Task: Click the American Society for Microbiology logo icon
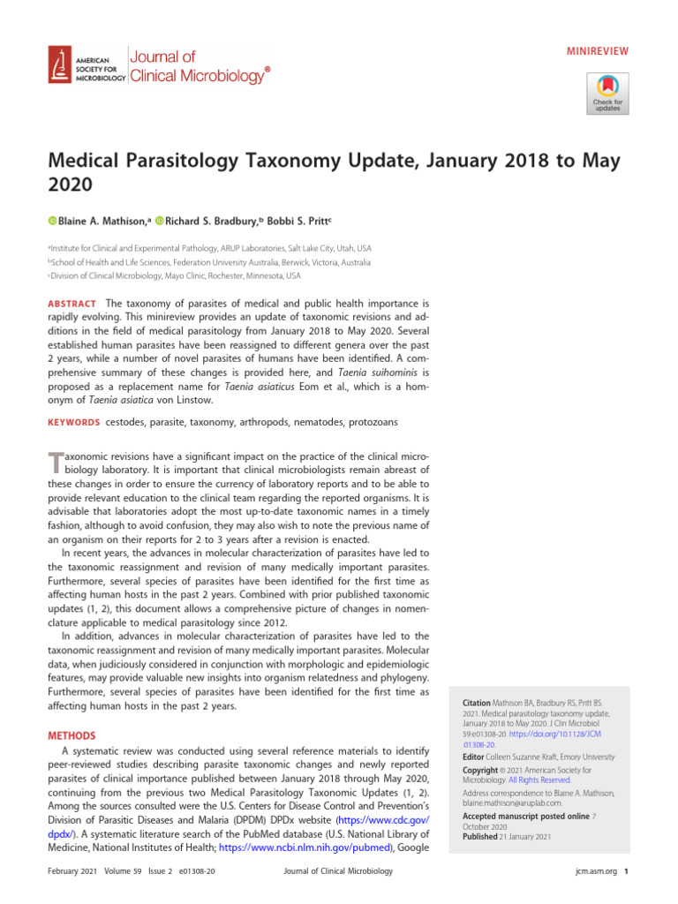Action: (x=60, y=65)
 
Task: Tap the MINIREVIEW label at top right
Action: (x=598, y=51)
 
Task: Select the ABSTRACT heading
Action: (x=72, y=304)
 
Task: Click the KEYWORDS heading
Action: (x=73, y=423)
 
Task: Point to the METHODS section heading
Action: (x=72, y=735)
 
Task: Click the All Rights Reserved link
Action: (x=539, y=780)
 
